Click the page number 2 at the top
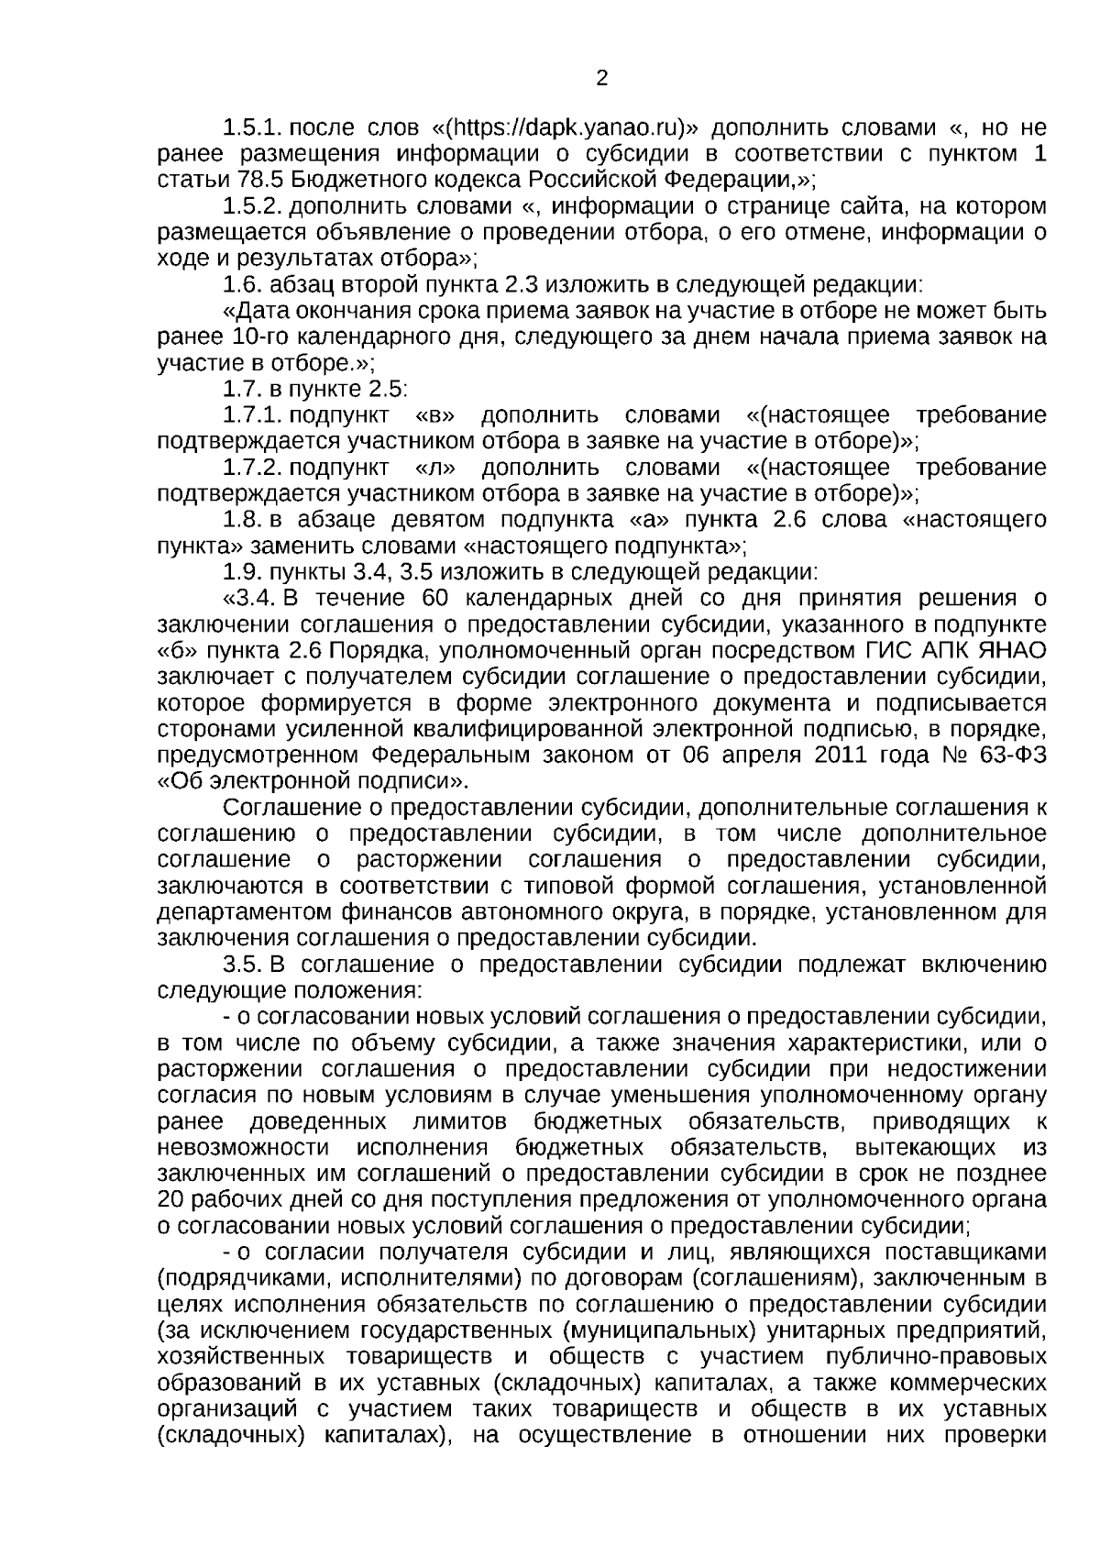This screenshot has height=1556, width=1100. tap(601, 79)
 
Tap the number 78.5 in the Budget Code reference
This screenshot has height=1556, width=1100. tap(243, 179)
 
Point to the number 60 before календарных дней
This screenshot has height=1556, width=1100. tap(438, 599)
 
